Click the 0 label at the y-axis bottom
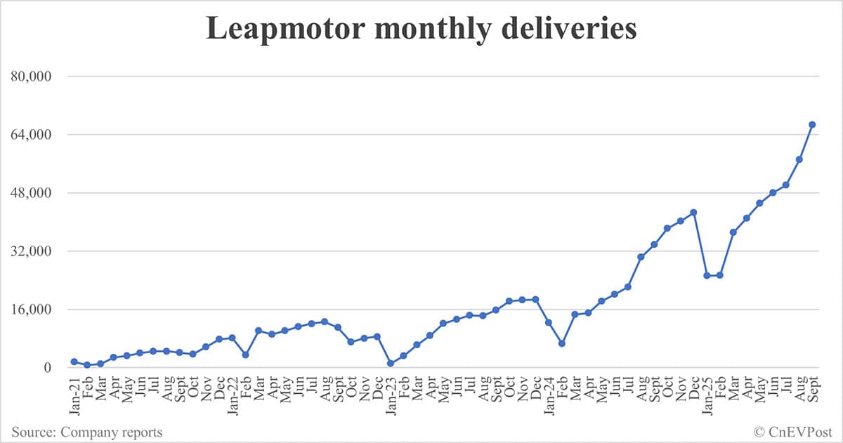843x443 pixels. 47,367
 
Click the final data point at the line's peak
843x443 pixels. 812,124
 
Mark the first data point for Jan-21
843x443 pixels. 74,362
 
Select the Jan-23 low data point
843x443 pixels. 391,363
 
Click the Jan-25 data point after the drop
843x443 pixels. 707,275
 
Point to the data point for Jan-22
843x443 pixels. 232,338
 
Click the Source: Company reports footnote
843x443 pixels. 86,432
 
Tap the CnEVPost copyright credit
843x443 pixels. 794,432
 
